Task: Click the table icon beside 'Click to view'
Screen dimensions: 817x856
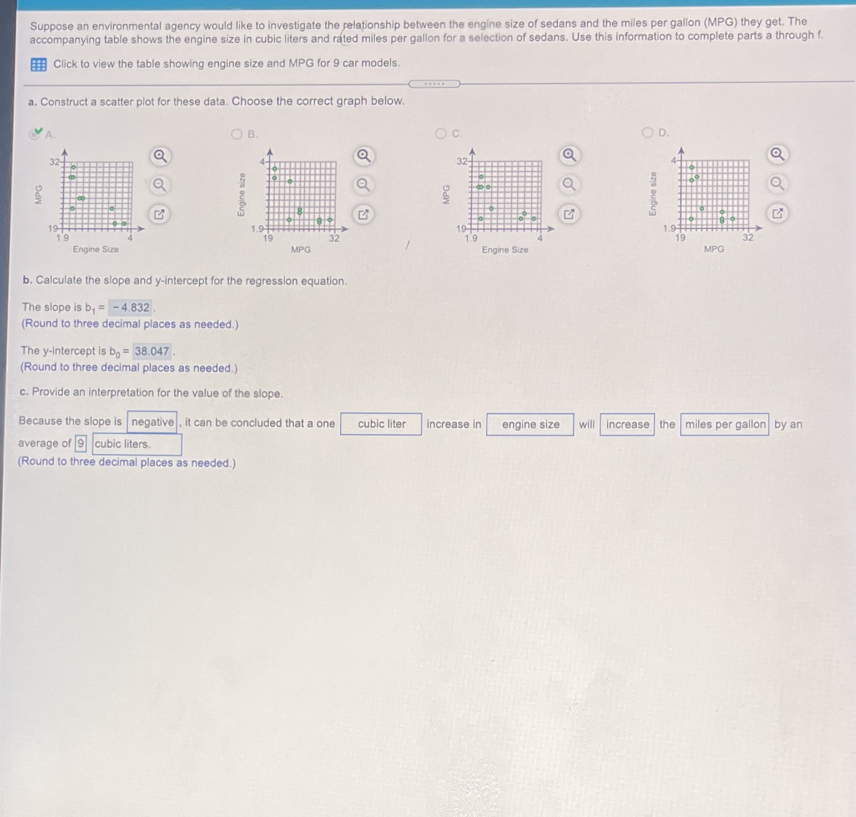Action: [x=38, y=64]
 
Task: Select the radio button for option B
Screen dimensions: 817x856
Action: [x=236, y=134]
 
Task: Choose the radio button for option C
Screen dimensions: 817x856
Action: [x=441, y=133]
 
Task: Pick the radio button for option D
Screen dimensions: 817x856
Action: [x=648, y=132]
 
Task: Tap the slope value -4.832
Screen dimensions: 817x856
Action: [x=130, y=307]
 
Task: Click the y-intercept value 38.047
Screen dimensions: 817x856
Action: [x=152, y=351]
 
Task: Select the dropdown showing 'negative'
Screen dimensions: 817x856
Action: [x=152, y=422]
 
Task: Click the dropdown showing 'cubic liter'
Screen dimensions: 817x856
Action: [x=381, y=424]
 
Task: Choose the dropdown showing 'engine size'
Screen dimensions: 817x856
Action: [x=530, y=425]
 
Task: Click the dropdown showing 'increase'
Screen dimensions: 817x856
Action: [x=627, y=425]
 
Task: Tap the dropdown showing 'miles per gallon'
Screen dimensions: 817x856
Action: [x=724, y=425]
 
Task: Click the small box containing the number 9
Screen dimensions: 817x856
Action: [x=80, y=444]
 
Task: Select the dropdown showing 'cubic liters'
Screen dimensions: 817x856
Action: [x=137, y=444]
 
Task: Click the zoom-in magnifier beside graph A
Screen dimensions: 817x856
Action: [x=160, y=156]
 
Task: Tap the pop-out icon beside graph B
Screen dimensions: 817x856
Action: [x=363, y=215]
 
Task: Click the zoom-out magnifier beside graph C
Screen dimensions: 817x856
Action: [x=569, y=184]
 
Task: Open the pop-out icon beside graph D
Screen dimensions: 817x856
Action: [x=777, y=213]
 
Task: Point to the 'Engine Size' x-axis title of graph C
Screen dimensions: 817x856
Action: [x=505, y=250]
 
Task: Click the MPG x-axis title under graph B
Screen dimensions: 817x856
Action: [x=301, y=249]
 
